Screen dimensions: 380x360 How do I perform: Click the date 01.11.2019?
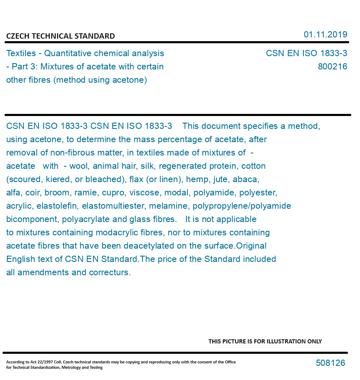pyautogui.click(x=325, y=35)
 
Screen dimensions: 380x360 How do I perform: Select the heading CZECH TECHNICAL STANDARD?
pyautogui.click(x=60, y=36)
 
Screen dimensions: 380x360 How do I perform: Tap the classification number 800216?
pyautogui.click(x=333, y=67)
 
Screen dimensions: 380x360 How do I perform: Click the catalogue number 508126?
pyautogui.click(x=330, y=363)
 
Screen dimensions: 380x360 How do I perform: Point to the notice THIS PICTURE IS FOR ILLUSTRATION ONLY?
pyautogui.click(x=265, y=341)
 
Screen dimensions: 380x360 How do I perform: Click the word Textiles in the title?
pyautogui.click(x=21, y=53)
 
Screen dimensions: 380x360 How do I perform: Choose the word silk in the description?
pyautogui.click(x=148, y=166)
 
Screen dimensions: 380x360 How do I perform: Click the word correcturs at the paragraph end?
pyautogui.click(x=110, y=272)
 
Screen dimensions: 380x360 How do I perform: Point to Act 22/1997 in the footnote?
pyautogui.click(x=36, y=362)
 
